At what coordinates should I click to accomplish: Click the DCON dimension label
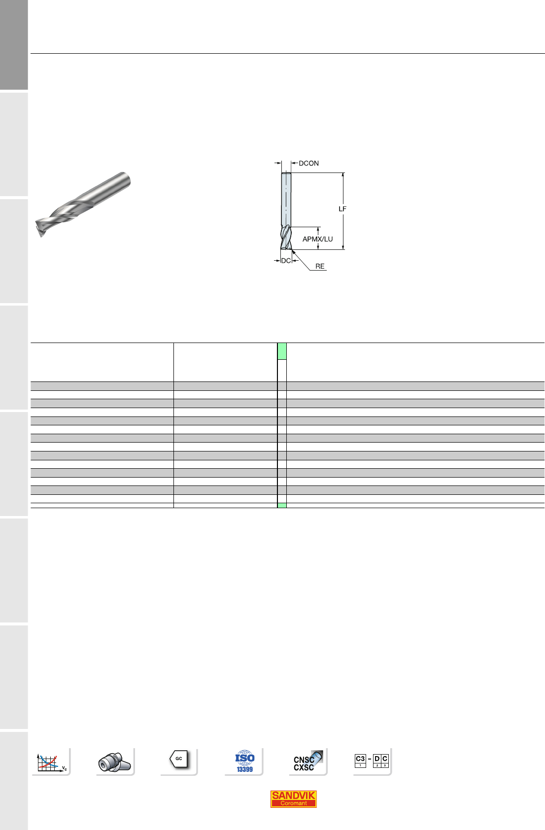[x=308, y=164]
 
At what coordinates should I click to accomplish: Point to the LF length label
[x=342, y=209]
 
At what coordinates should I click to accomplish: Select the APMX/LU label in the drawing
[x=317, y=239]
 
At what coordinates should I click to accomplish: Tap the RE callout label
[x=320, y=266]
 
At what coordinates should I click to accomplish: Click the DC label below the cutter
[x=286, y=261]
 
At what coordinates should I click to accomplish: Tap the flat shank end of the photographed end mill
[x=126, y=180]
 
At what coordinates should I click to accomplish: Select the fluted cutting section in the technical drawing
[x=286, y=238]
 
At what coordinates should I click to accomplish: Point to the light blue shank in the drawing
[x=286, y=200]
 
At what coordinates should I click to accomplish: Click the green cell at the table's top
[x=282, y=351]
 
